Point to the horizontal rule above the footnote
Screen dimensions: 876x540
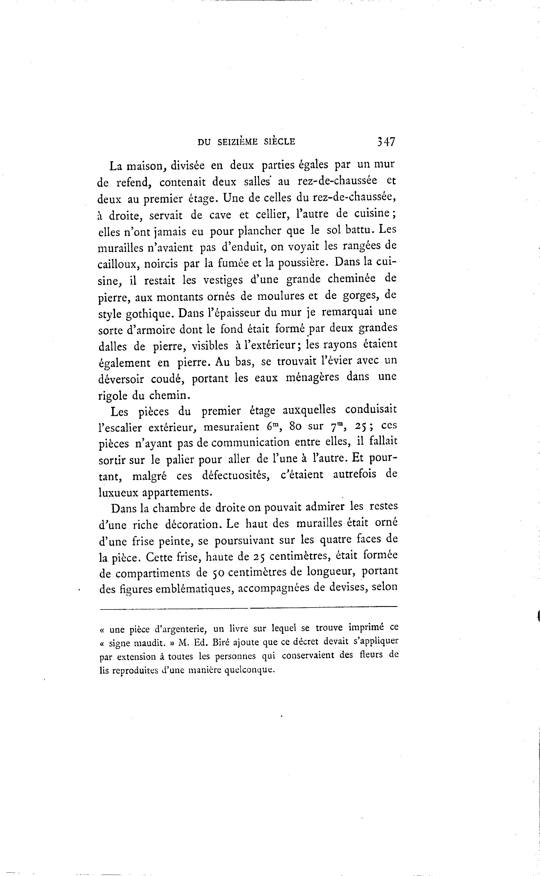coord(248,607)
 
